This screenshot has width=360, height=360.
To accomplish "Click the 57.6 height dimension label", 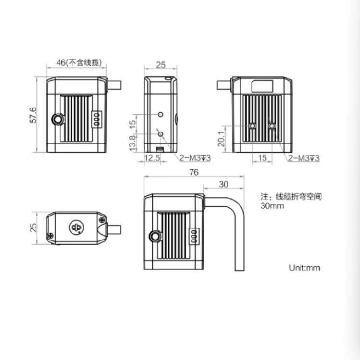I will pyautogui.click(x=33, y=116).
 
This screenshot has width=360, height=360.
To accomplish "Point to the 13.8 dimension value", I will pyautogui.click(x=132, y=143).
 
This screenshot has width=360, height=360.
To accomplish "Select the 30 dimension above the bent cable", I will pyautogui.click(x=223, y=184).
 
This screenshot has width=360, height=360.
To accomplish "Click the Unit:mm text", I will pyautogui.click(x=304, y=267).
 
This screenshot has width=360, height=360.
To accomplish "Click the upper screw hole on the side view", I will pyautogui.click(x=161, y=115).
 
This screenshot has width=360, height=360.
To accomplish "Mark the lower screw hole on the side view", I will pyautogui.click(x=161, y=134).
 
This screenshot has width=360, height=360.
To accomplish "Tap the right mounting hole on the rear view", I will pyautogui.click(x=272, y=126).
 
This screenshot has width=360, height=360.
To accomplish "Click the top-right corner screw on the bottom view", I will pyautogui.click(x=102, y=219).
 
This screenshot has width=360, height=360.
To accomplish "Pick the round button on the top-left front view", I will pyautogui.click(x=58, y=119).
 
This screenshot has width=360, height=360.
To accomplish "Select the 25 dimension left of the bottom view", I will pyautogui.click(x=33, y=228).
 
